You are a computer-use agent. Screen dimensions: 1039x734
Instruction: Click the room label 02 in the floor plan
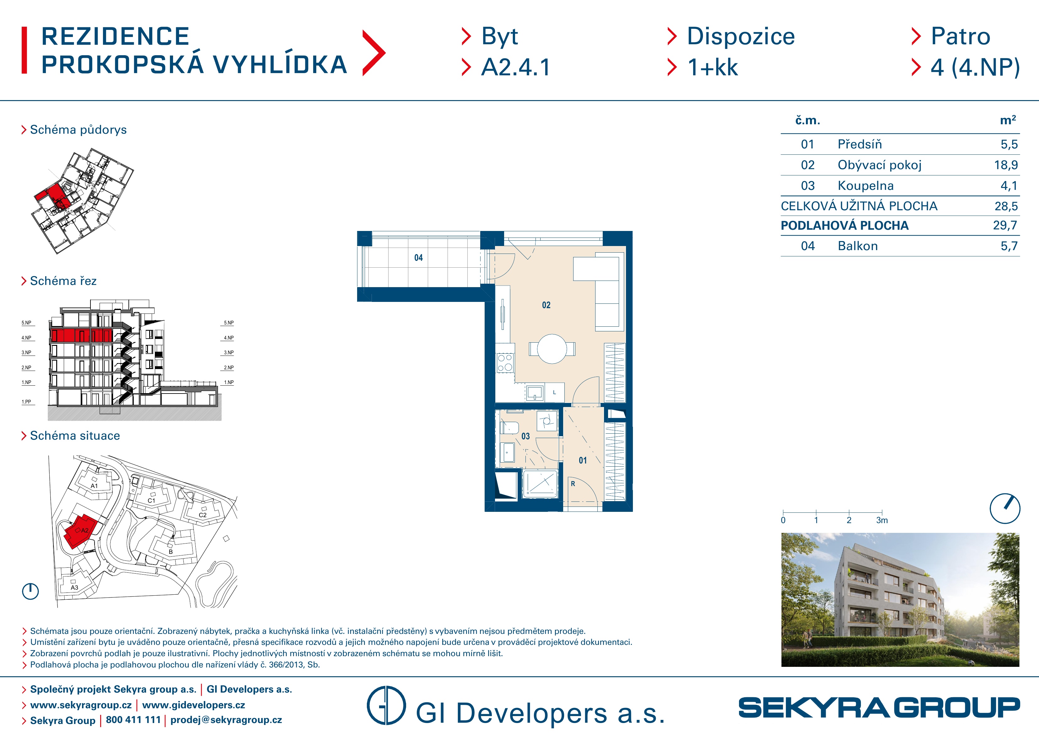point(546,305)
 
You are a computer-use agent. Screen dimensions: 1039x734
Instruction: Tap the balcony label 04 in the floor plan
point(419,258)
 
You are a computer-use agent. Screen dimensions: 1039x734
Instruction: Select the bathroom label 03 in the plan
point(525,437)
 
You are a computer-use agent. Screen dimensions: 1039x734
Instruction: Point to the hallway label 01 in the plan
point(583,460)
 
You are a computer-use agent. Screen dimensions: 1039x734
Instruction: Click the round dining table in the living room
point(552,349)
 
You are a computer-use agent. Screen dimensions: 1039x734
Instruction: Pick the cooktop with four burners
point(505,363)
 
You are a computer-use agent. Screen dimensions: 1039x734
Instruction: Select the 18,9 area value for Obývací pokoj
point(1005,165)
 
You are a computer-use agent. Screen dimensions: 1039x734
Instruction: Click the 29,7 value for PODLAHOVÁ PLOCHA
point(1005,225)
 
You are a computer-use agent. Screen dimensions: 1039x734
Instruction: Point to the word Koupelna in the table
point(866,185)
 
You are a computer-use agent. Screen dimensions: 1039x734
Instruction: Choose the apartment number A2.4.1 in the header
point(516,67)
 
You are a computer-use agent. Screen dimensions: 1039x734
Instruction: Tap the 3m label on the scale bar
point(882,521)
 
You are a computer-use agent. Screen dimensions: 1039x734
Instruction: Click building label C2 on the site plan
point(202,515)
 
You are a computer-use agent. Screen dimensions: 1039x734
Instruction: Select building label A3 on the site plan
point(74,587)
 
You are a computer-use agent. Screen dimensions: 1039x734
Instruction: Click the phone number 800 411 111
point(133,720)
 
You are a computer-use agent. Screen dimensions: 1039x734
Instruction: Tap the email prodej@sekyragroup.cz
point(226,720)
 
